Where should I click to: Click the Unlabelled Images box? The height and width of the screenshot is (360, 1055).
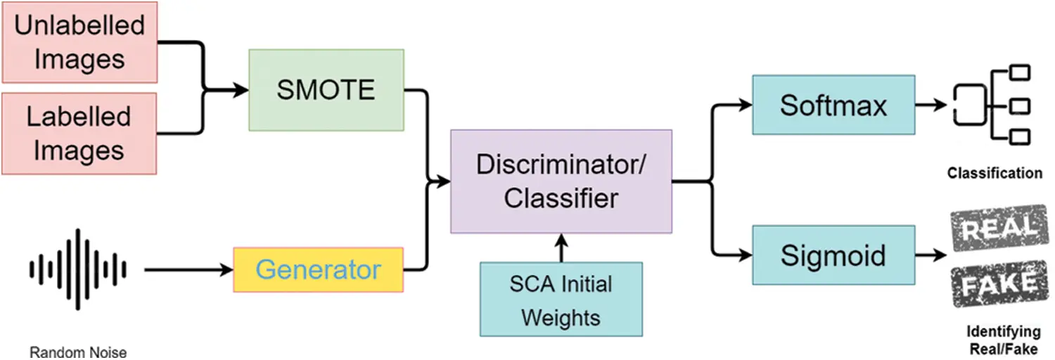click(79, 42)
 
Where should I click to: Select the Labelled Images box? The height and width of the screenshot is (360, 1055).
click(79, 133)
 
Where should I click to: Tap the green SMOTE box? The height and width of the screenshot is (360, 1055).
click(326, 90)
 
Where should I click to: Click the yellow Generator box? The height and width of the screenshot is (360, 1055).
click(318, 270)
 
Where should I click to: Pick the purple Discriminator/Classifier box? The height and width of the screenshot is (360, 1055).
click(561, 181)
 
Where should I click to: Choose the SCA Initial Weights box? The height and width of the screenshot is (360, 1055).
click(561, 299)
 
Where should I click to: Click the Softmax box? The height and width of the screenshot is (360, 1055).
click(833, 105)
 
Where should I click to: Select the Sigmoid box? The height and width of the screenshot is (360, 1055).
click(833, 255)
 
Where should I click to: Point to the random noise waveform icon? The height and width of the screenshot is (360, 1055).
click(77, 269)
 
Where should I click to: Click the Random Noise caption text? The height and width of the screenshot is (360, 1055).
click(78, 352)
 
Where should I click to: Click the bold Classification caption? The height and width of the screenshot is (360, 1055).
click(995, 173)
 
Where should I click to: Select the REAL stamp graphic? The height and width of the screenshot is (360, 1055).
click(995, 229)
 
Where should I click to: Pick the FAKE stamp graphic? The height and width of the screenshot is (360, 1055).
click(995, 284)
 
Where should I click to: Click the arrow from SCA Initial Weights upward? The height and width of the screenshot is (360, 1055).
click(561, 247)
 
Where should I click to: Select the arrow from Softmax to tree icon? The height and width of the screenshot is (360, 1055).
click(932, 105)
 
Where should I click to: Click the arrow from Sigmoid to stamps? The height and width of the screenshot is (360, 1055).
click(932, 255)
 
